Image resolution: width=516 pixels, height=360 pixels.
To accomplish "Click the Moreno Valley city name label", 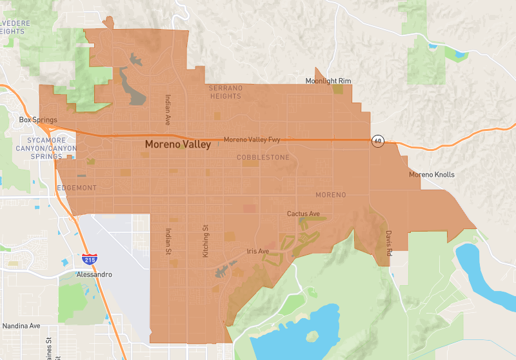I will point(177,145).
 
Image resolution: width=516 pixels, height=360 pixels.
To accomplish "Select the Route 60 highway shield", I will point(378,141).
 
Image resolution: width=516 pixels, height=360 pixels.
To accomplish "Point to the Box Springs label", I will point(38,120).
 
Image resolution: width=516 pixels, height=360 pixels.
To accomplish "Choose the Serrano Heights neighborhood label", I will point(225,92).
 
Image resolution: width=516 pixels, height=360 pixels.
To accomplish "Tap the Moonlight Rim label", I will point(328,81).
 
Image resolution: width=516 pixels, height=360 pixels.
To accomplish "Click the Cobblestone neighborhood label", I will point(263,157).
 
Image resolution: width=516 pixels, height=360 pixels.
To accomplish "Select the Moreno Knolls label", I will point(432,175).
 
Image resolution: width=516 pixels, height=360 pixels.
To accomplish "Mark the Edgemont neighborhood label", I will point(76,188).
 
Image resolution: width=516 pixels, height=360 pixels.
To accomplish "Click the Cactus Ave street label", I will point(303,214).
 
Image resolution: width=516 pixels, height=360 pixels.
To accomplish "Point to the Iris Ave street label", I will point(257,251).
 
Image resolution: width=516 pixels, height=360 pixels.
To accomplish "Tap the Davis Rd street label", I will point(389,244).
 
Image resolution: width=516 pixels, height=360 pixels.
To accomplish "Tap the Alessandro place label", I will point(94,274).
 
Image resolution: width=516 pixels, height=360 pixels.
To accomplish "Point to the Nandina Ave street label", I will point(21,326).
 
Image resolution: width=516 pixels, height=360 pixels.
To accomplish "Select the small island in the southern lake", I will point(313,336).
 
